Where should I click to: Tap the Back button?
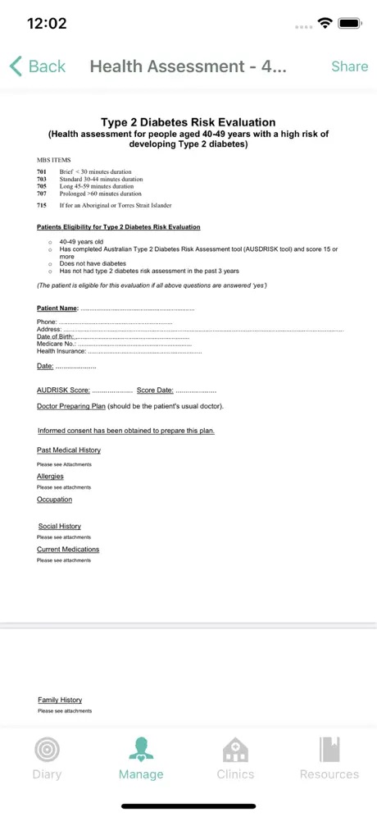[37, 66]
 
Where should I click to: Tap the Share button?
[349, 66]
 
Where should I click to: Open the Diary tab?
[47, 759]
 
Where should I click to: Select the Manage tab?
[141, 759]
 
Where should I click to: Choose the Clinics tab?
[235, 759]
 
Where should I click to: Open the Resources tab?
[329, 759]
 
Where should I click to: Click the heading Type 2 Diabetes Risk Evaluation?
[188, 122]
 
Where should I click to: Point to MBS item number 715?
[42, 205]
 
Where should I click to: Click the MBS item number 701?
[42, 171]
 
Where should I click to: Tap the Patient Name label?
[57, 308]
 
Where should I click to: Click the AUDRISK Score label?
[63, 390]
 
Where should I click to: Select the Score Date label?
[155, 390]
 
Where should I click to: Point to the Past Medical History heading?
[69, 450]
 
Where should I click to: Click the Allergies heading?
[50, 477]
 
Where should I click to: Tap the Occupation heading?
[54, 500]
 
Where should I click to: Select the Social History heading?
[60, 527]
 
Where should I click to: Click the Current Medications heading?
[68, 550]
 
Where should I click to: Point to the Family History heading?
[60, 701]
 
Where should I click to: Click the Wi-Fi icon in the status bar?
[326, 23]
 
